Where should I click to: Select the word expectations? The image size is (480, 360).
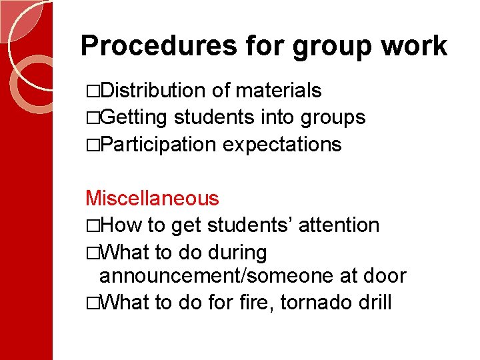(282, 144)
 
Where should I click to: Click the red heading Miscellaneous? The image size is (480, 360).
(152, 198)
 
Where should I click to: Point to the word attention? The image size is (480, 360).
(339, 225)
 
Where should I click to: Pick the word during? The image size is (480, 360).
(237, 253)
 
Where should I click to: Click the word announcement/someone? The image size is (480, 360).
(211, 276)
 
